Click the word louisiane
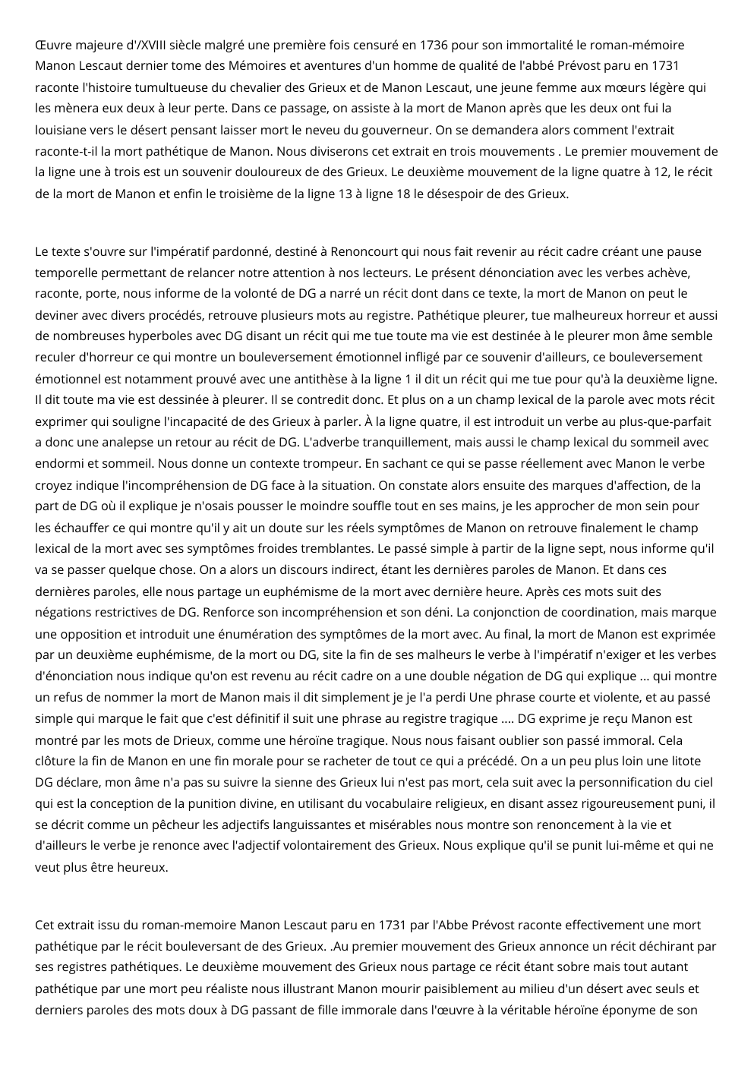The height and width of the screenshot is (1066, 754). tap(61, 130)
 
